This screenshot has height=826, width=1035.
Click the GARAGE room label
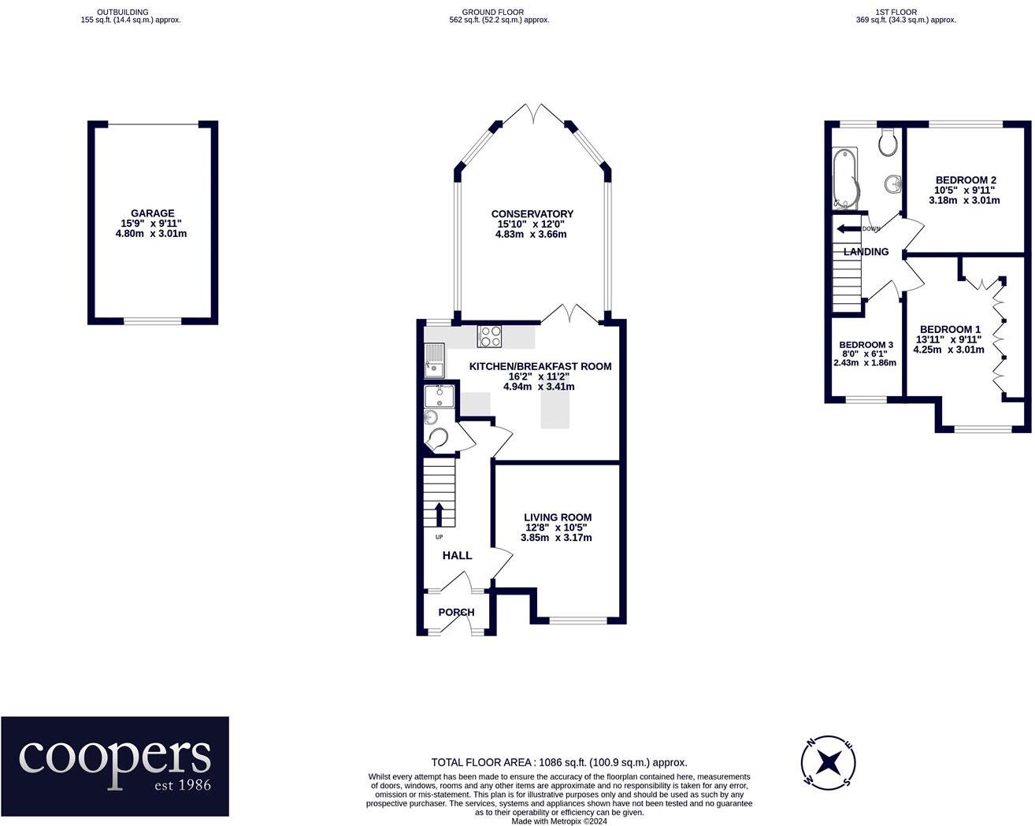[153, 213]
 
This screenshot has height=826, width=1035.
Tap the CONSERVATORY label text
[532, 214]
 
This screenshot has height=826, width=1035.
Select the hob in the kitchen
[490, 336]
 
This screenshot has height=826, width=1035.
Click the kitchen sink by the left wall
[435, 360]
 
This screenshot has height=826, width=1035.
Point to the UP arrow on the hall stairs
[439, 514]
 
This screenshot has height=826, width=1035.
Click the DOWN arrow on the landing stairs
[848, 229]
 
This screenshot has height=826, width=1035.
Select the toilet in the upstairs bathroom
[888, 142]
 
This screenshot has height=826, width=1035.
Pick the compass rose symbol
[828, 762]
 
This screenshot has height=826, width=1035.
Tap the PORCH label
[456, 612]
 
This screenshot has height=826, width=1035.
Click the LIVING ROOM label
[558, 517]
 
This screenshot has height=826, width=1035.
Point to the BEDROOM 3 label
[866, 345]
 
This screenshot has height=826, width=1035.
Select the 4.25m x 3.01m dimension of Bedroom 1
[948, 350]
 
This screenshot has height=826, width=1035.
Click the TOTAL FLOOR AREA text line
[559, 762]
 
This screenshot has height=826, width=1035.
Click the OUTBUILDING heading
[123, 12]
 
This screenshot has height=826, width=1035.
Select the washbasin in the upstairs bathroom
[892, 183]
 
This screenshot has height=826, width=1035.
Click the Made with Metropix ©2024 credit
[559, 821]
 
